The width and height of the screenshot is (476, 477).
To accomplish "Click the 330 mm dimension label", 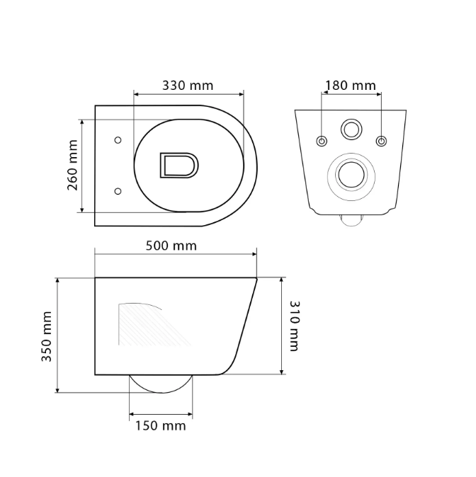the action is [x=188, y=86].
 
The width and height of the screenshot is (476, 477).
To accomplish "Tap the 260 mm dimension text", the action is [x=72, y=165].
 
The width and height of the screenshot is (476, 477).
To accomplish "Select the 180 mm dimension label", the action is [x=351, y=86].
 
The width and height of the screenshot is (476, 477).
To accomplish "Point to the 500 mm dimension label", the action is [x=171, y=246].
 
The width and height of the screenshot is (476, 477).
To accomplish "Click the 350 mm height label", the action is [x=46, y=337].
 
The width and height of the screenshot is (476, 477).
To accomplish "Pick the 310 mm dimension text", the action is [x=295, y=326].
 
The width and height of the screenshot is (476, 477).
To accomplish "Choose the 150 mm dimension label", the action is [x=161, y=425].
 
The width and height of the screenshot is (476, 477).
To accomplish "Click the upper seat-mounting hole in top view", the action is [x=118, y=140].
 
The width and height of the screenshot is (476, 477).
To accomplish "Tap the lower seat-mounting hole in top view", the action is [x=118, y=191].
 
